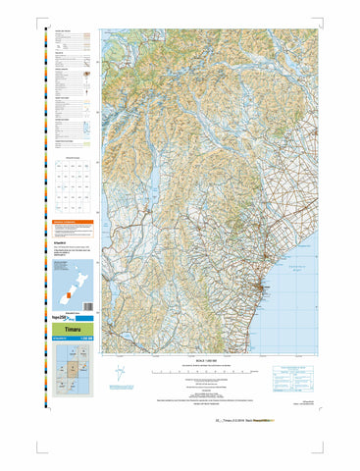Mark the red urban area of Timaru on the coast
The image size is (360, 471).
[258, 288]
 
